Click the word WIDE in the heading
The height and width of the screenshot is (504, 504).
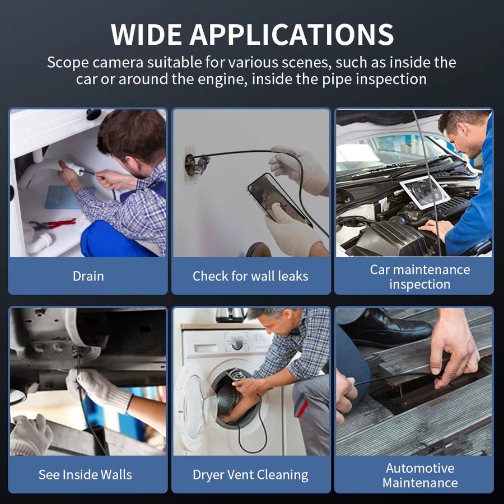(146, 34)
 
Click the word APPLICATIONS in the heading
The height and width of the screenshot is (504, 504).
(292, 34)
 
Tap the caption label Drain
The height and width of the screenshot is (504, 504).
(88, 276)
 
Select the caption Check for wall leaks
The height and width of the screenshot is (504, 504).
(250, 276)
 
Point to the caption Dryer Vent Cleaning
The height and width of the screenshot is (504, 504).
(250, 475)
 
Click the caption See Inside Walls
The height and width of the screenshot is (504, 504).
(85, 475)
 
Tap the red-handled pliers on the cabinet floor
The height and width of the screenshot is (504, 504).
(53, 224)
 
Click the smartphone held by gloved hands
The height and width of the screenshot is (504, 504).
(279, 200)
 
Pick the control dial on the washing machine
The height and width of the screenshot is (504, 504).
(237, 344)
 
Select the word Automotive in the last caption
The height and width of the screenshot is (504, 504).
(420, 468)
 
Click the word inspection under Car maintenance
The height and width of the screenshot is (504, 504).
(420, 284)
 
